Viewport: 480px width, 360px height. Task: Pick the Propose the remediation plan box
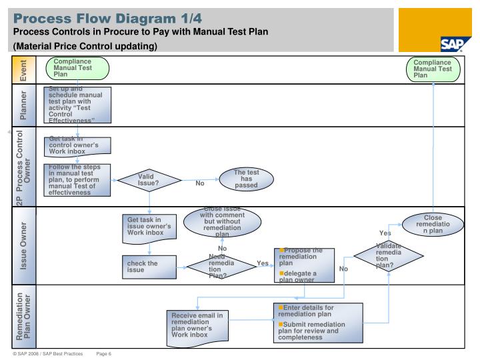click(305, 265)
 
